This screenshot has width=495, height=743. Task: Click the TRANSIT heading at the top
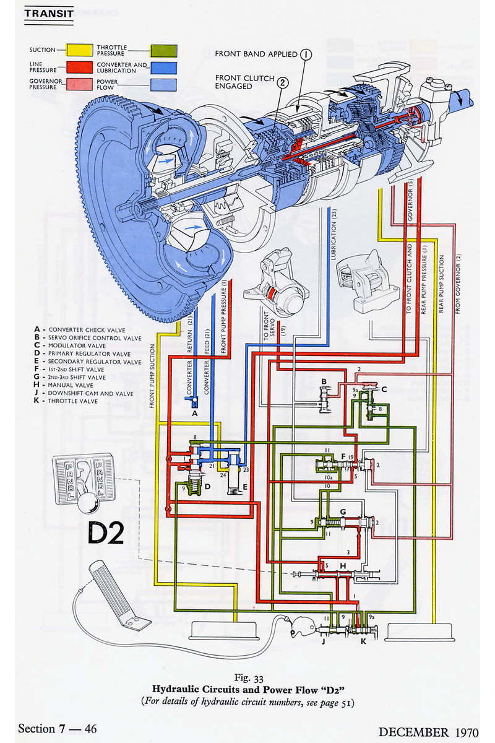pyautogui.click(x=48, y=13)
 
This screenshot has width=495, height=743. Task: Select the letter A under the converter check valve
pyautogui.click(x=194, y=412)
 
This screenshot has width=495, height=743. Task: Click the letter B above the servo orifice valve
pyautogui.click(x=323, y=381)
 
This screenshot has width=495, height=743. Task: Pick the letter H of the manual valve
pyautogui.click(x=342, y=567)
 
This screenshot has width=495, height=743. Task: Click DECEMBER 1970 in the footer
pyautogui.click(x=428, y=731)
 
